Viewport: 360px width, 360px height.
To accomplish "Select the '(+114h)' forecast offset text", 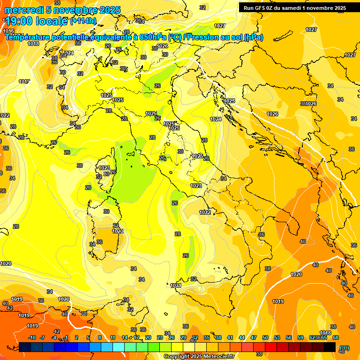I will [83, 21].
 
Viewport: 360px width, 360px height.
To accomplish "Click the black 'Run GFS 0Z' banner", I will [294, 7].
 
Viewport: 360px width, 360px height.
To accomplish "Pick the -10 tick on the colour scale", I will [32, 337].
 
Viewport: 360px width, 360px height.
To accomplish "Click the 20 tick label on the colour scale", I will [148, 337].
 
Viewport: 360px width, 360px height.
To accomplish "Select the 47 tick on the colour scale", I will [253, 337].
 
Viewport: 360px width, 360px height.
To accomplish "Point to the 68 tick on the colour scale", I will [336, 337].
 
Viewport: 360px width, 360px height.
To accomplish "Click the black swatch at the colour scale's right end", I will [330, 347].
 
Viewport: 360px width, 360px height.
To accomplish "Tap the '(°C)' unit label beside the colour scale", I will [344, 347].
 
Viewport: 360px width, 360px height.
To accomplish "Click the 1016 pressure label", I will [8, 31].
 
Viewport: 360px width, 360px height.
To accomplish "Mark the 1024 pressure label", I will [216, 120].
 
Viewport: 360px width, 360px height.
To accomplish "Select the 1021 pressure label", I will [176, 285].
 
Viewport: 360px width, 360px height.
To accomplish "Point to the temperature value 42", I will [57, 331].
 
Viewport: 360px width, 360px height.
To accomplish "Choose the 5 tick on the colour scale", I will [89, 337].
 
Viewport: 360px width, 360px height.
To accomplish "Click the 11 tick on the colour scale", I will [112, 337].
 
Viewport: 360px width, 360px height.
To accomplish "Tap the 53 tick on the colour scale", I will [277, 337].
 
